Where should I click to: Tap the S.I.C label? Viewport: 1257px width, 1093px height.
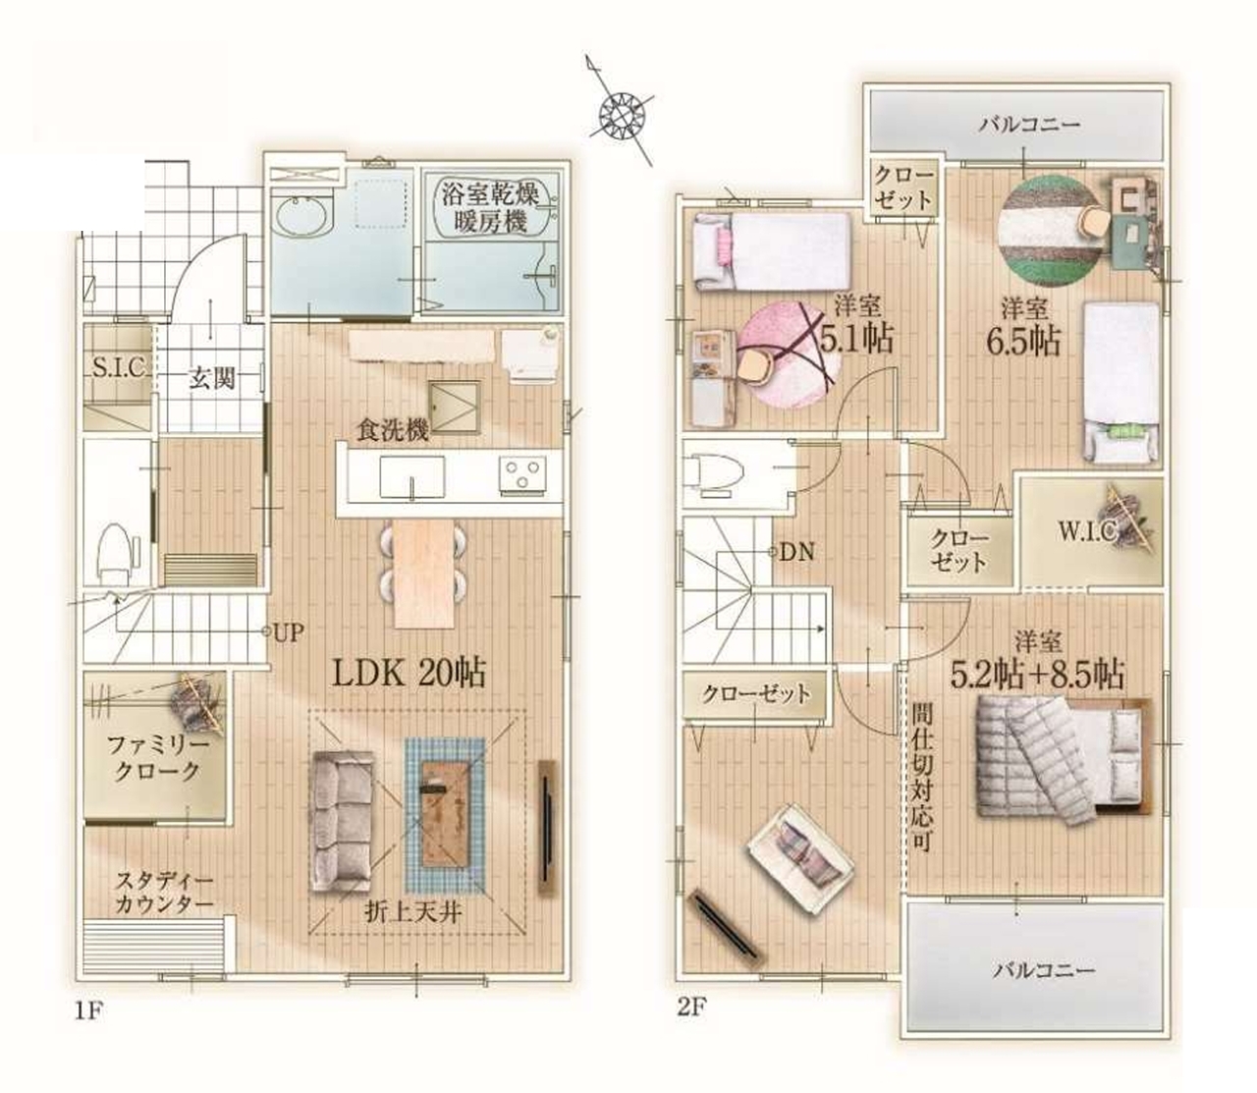click(x=118, y=368)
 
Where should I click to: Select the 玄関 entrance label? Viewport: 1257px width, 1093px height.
click(x=212, y=378)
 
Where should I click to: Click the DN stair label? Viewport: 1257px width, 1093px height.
click(x=797, y=553)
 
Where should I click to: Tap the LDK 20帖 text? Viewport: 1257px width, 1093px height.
click(x=409, y=673)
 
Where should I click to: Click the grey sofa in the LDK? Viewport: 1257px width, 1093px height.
click(x=342, y=820)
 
